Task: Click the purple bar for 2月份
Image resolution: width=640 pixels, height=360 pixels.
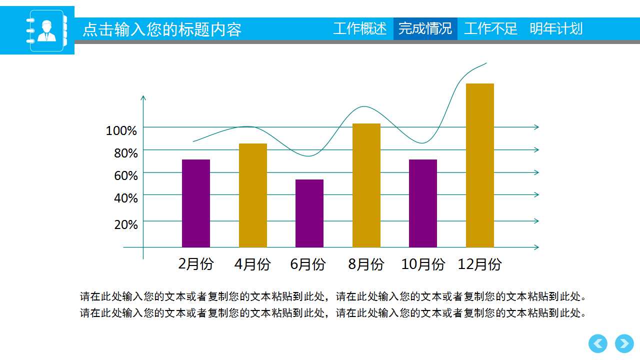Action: tap(196, 203)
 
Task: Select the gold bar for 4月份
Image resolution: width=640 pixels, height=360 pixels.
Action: tap(253, 195)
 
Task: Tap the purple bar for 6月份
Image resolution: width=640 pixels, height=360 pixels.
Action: tap(309, 213)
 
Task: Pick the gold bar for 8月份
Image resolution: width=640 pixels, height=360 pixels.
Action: tap(366, 185)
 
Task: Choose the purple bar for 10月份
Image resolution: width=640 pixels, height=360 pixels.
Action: tap(423, 203)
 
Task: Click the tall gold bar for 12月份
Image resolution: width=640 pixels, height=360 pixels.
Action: tap(480, 165)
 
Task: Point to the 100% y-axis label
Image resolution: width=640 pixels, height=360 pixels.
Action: tap(121, 131)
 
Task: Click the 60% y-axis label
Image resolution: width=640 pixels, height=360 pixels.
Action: tap(126, 176)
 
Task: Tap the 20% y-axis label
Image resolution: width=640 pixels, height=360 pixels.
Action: tap(126, 225)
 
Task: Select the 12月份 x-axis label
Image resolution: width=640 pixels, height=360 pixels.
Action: tap(480, 264)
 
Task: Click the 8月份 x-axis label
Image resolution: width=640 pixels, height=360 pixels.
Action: tap(366, 264)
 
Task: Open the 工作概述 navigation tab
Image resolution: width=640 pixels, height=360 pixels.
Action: tap(360, 28)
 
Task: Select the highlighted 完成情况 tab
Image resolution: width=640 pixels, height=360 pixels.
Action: tap(425, 28)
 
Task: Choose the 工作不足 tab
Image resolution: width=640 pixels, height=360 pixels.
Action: tap(490, 28)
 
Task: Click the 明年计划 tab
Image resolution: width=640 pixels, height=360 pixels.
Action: tap(556, 28)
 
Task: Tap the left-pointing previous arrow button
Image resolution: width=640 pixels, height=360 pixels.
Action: tap(598, 344)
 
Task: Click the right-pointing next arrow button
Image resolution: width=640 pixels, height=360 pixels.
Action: tap(624, 344)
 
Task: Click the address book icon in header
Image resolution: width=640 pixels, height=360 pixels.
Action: tap(46, 30)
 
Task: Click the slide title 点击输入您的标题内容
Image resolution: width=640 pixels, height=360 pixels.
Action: tap(162, 30)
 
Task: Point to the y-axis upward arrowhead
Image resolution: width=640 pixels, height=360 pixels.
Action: tap(143, 97)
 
